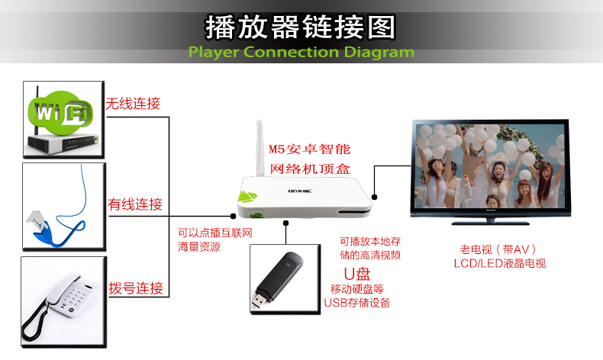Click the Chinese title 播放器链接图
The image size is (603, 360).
click(300, 27)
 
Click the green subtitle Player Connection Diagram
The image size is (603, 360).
click(301, 52)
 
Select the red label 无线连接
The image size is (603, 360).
click(133, 104)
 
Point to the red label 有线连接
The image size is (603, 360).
click(135, 204)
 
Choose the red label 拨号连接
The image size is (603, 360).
click(136, 288)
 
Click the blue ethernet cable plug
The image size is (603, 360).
click(40, 227)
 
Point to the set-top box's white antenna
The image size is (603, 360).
click(260, 149)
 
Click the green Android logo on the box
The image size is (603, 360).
click(247, 196)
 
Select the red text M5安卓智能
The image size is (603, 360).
click(310, 149)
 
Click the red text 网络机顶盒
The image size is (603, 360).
click(310, 169)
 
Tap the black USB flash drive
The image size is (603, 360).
click(277, 280)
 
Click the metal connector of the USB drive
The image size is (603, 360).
click(260, 301)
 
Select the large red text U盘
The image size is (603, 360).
click(357, 274)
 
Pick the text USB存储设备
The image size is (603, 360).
click(357, 303)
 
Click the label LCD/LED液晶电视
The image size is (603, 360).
click(499, 263)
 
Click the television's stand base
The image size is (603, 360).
click(490, 222)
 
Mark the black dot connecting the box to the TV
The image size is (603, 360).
click(374, 197)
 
